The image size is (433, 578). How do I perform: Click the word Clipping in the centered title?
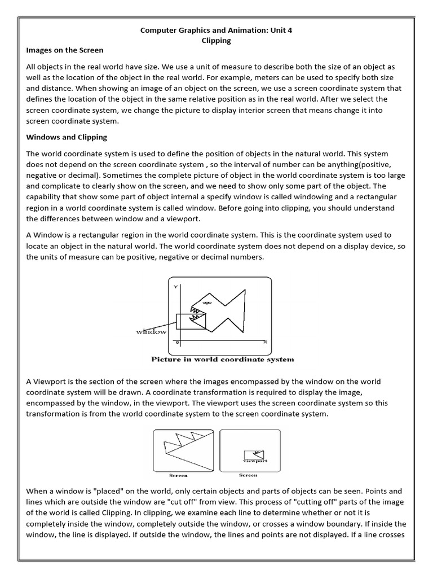coord(216,41)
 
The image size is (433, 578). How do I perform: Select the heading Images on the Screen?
coord(65,50)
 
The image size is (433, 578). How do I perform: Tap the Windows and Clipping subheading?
coord(67,137)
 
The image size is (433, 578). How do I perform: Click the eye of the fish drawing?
coord(206,303)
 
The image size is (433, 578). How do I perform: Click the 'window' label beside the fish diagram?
coord(151,332)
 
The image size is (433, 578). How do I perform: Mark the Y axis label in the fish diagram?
coord(175,287)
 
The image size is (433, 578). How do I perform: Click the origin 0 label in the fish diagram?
coord(178,343)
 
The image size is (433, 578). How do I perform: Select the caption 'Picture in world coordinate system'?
coord(222,359)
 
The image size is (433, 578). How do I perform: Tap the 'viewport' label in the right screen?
coord(255,461)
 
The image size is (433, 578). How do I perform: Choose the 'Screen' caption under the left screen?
coord(178,475)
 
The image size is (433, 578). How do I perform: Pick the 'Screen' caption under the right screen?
coord(248,475)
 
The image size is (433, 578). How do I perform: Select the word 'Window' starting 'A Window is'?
coord(47,234)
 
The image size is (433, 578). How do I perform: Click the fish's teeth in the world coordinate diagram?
coord(197,315)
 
